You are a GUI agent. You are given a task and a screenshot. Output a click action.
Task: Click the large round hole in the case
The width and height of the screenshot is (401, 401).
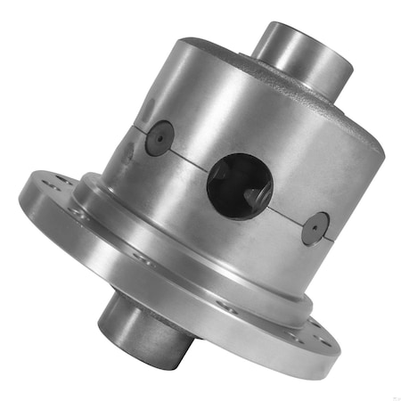(x=239, y=184)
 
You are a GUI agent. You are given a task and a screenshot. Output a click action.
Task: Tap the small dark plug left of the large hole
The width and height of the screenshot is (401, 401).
(x=159, y=138)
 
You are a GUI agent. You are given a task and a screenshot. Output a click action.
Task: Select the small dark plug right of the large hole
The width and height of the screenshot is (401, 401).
(x=315, y=228)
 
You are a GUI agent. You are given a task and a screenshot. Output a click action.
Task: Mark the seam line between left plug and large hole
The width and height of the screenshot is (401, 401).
(x=192, y=157)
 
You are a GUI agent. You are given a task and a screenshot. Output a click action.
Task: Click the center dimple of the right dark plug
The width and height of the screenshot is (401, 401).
(x=315, y=228)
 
